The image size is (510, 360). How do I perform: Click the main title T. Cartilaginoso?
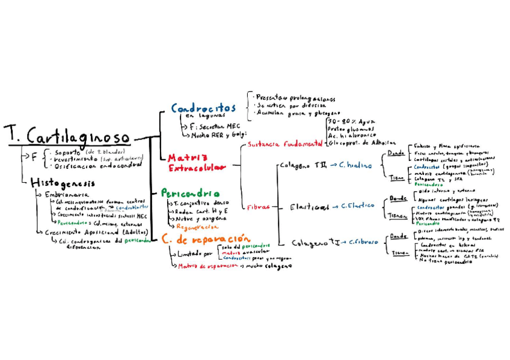pyautogui.click(x=69, y=136)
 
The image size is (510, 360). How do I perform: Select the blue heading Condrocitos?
pyautogui.click(x=203, y=109)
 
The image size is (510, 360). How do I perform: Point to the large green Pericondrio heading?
pyautogui.click(x=189, y=194)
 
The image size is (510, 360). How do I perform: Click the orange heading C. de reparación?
pyautogui.click(x=198, y=239)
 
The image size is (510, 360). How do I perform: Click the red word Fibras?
pyautogui.click(x=258, y=207)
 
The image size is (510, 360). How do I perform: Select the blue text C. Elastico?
pyautogui.click(x=357, y=206)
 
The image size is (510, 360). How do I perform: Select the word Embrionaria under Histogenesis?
pyautogui.click(x=67, y=195)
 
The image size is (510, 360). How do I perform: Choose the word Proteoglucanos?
pyautogui.click(x=351, y=129)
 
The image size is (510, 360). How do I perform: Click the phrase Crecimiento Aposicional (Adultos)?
pyautogui.click(x=96, y=231)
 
